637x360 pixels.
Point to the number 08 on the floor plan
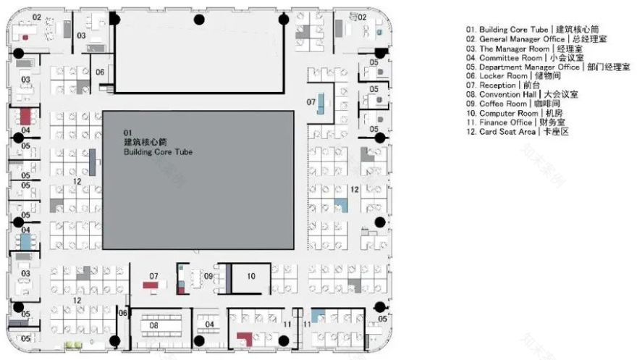pyautogui.click(x=154, y=326)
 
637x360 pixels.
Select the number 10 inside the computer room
pyautogui.click(x=250, y=276)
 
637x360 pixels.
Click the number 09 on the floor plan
pyautogui.click(x=208, y=277)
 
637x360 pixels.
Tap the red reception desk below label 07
pyautogui.click(x=152, y=286)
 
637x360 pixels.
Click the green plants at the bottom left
pyautogui.click(x=72, y=345)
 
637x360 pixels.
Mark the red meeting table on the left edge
pyautogui.click(x=26, y=117)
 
